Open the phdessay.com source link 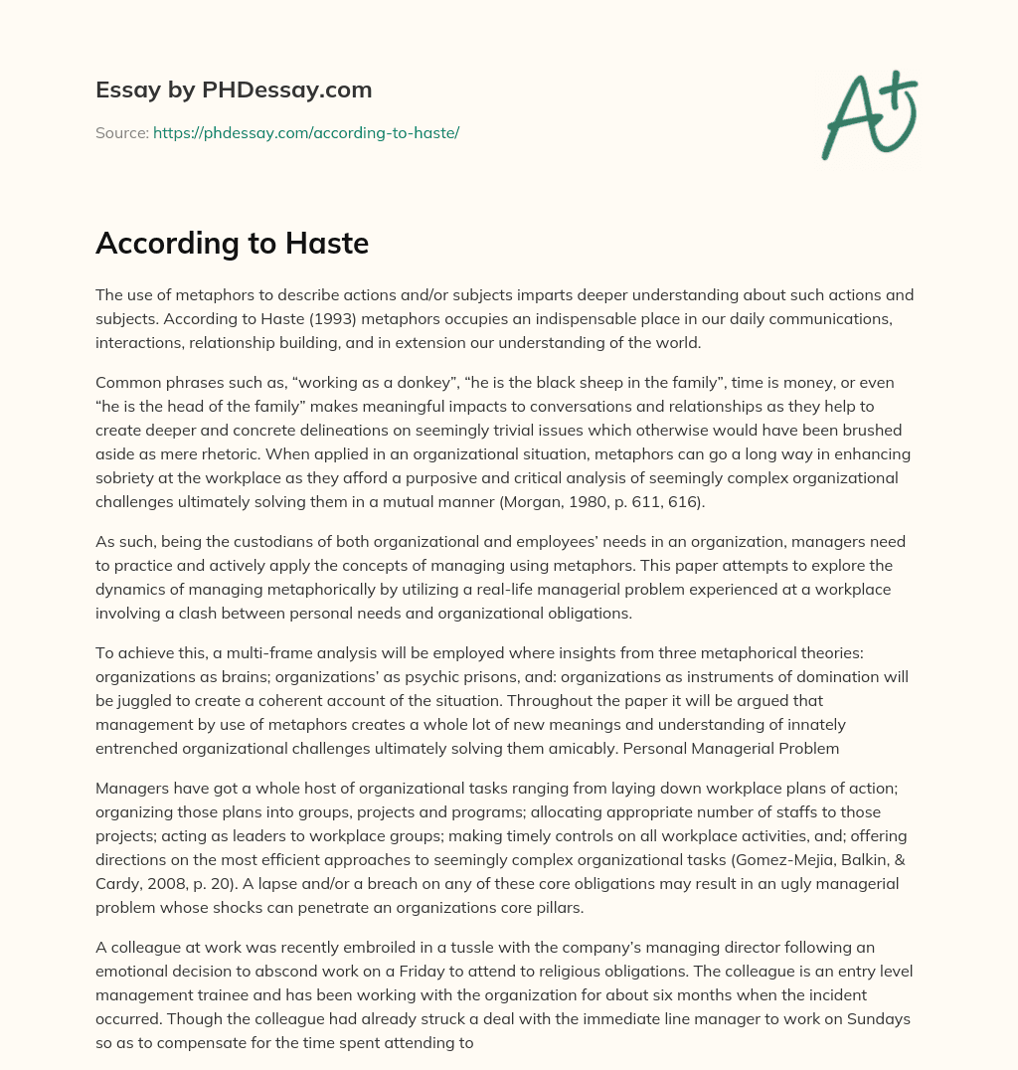click(x=305, y=132)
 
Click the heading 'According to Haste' click(x=232, y=244)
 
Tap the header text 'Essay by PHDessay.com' click(x=234, y=90)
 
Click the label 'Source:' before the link click(x=122, y=132)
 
